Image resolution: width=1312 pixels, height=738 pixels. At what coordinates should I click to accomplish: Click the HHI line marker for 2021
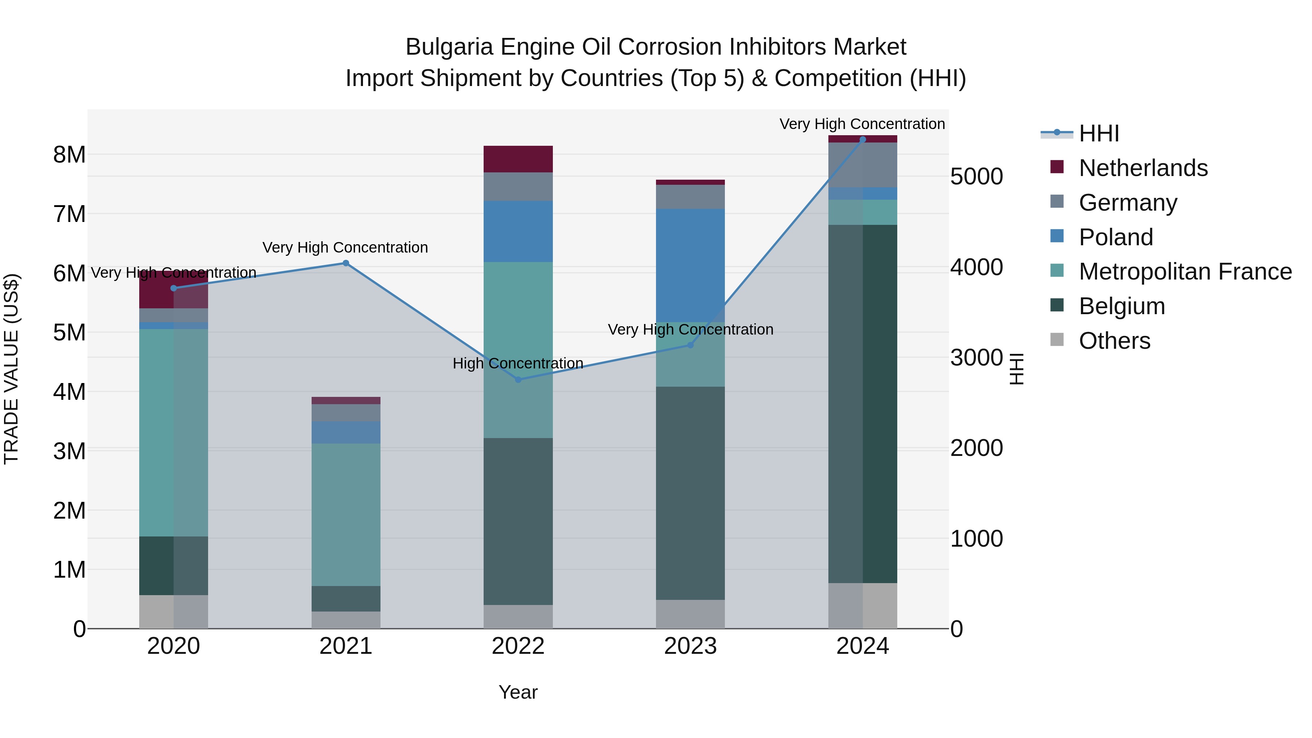tap(345, 263)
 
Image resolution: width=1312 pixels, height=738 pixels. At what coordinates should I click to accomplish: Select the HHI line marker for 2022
tap(518, 379)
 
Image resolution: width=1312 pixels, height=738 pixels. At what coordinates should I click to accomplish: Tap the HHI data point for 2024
tap(862, 140)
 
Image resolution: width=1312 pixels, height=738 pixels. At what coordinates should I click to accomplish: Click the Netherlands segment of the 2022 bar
tap(518, 159)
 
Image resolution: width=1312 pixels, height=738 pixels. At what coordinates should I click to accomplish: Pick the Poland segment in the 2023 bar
tap(690, 265)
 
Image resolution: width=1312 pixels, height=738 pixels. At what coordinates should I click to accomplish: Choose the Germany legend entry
tap(1128, 202)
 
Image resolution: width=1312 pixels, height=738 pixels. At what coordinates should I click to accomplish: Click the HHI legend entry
tap(1098, 133)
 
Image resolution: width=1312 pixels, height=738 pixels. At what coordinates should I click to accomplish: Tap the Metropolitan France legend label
tap(1185, 272)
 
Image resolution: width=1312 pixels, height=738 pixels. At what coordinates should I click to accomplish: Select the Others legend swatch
tap(1057, 340)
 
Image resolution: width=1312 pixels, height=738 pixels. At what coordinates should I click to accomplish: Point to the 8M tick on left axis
tap(70, 154)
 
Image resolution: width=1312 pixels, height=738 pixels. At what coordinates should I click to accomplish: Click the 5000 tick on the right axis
tap(976, 177)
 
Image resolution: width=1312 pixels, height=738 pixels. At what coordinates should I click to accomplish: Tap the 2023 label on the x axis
tap(690, 646)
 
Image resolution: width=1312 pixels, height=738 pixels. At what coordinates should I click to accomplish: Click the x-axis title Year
tap(518, 692)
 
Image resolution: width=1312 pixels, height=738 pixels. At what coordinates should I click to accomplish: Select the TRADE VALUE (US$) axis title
tap(11, 369)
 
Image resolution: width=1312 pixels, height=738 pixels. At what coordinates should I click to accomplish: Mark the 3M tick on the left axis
tap(70, 451)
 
